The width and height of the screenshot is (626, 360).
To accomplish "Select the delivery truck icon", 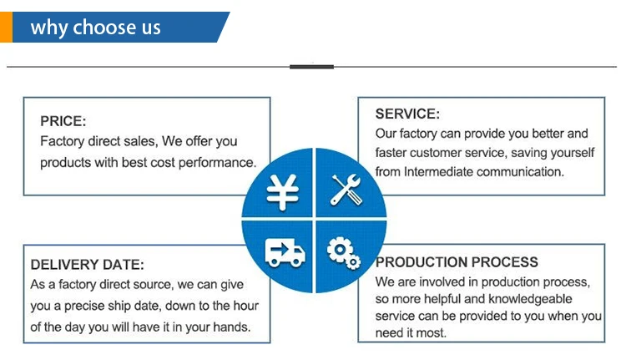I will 285,250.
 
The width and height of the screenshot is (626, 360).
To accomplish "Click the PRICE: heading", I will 63,122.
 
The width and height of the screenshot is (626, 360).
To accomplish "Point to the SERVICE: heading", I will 406,114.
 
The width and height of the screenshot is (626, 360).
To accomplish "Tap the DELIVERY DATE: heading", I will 87,265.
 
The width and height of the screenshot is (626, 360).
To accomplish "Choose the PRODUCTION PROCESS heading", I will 457,262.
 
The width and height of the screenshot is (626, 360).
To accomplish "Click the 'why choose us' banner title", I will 95,28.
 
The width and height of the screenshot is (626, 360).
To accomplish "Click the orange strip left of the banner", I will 6,27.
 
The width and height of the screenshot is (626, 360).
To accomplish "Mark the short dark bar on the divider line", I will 311,66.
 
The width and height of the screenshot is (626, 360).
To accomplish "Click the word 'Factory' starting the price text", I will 61,142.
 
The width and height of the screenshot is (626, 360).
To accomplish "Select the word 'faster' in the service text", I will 391,153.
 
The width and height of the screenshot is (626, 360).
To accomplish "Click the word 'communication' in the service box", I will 523,172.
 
